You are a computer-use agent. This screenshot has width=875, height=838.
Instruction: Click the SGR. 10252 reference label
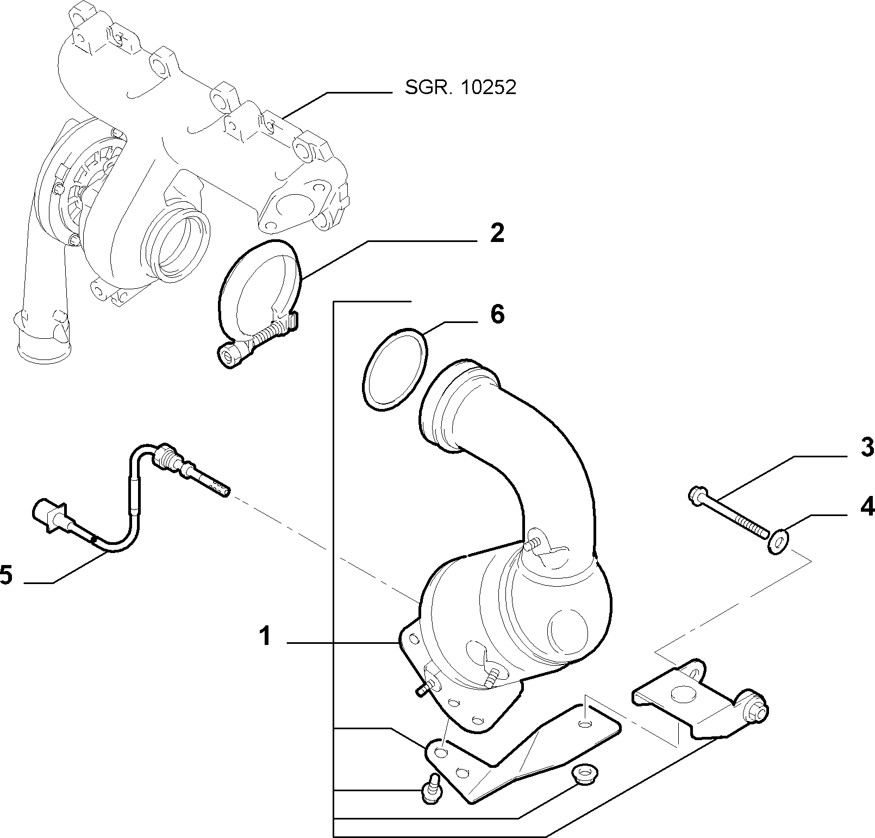(x=460, y=88)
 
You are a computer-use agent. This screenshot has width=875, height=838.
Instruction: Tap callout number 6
(x=497, y=314)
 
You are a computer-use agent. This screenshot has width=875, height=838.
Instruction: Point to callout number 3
(x=866, y=447)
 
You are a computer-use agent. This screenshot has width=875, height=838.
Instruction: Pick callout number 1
(x=265, y=636)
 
